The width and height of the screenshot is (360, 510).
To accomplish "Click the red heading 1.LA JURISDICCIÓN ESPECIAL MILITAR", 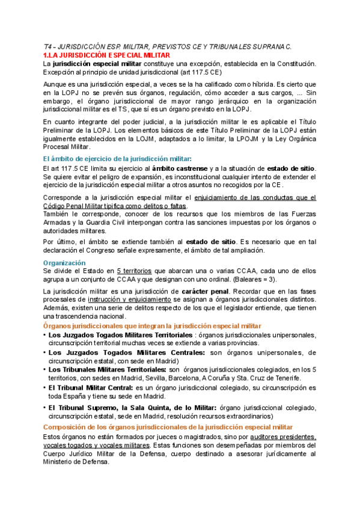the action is click(x=103, y=55).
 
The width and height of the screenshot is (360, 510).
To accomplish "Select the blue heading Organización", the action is click(x=64, y=263).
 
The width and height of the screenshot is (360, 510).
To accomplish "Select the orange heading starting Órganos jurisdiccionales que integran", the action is click(x=153, y=325).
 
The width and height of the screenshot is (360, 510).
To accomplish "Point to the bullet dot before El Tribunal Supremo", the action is click(x=45, y=408).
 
